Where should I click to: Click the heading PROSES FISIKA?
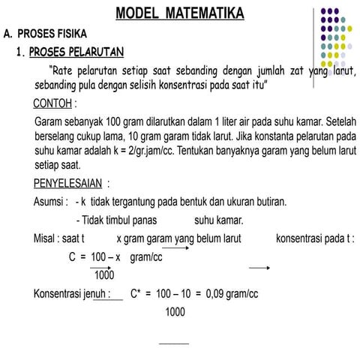click(x=49, y=34)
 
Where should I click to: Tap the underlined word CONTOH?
click(x=54, y=102)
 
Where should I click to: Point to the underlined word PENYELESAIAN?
click(x=68, y=183)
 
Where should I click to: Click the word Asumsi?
click(x=50, y=202)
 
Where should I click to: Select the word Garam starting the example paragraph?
click(x=49, y=121)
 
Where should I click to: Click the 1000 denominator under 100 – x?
click(x=104, y=274)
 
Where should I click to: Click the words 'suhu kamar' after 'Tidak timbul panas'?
click(x=218, y=220)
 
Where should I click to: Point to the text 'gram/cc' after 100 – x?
click(x=146, y=257)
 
